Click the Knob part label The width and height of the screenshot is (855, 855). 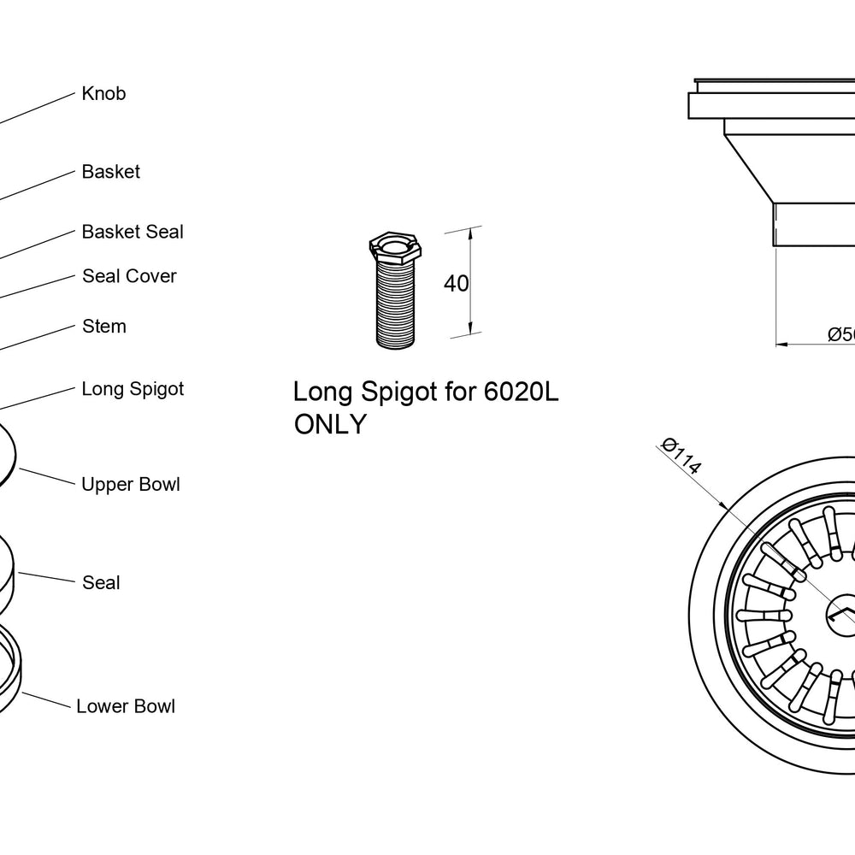(x=103, y=93)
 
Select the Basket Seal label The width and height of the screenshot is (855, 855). (x=133, y=232)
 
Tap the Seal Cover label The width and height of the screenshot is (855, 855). (x=129, y=276)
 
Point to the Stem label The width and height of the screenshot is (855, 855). (x=104, y=326)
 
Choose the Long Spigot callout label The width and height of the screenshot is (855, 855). (x=133, y=389)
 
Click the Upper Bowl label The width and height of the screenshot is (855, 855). (x=130, y=484)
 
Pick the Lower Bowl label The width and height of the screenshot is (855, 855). (x=126, y=706)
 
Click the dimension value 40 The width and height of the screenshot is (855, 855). (x=456, y=284)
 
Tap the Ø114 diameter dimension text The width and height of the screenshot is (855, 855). (x=680, y=456)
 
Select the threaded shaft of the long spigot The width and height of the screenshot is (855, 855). (x=396, y=304)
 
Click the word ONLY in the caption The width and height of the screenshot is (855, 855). (x=330, y=424)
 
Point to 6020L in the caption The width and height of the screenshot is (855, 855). (x=521, y=392)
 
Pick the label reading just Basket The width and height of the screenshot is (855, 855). (x=110, y=172)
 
